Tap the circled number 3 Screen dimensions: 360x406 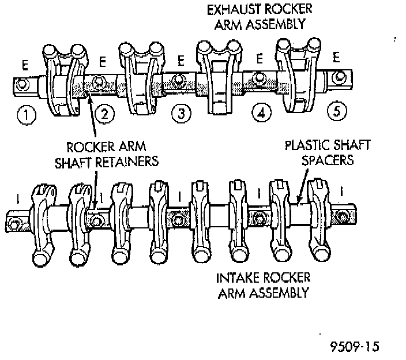(182, 114)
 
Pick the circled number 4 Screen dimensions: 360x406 (261, 114)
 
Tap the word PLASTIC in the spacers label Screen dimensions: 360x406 (307, 144)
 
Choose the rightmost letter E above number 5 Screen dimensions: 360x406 (336, 58)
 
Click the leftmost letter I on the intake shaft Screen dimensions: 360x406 (19, 200)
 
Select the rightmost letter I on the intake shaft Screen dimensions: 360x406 (343, 189)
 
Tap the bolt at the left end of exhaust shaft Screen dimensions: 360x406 (22, 84)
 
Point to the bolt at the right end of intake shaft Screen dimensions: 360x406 (344, 216)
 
